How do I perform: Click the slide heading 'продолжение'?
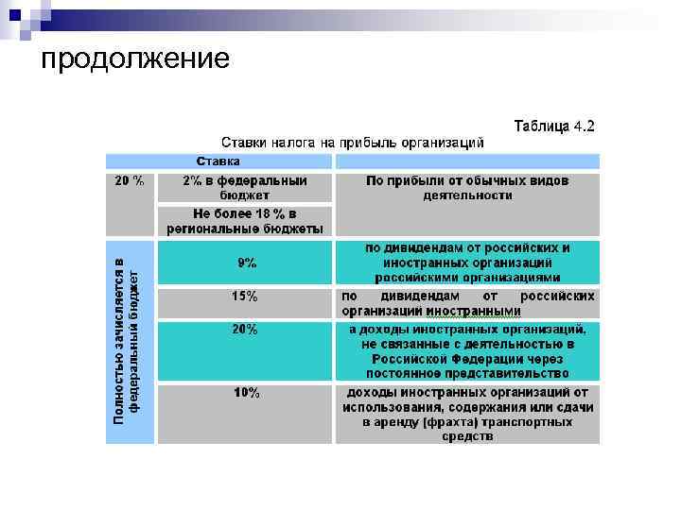coord(135,59)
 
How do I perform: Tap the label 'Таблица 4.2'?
coord(554,126)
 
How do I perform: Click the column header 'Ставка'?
coord(218,161)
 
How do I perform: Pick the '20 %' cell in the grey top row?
coord(130,180)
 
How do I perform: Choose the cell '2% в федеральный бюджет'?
coord(245,187)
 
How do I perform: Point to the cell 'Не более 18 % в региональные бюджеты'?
coord(245,220)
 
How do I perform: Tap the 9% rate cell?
coord(246,263)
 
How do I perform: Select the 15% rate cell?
coord(245,297)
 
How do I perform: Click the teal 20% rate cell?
coord(245,330)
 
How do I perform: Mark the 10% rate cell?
coord(246,393)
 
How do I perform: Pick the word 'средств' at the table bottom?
coord(467,437)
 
